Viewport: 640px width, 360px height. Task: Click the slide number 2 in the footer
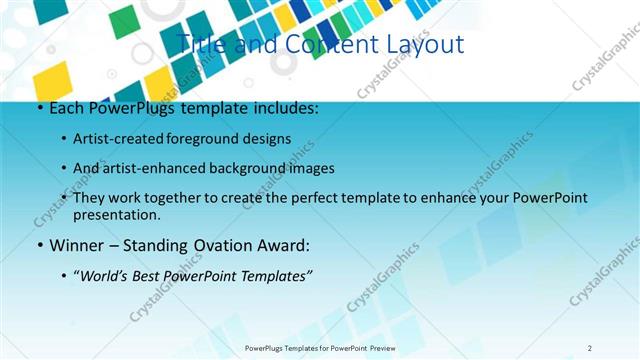coord(590,347)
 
